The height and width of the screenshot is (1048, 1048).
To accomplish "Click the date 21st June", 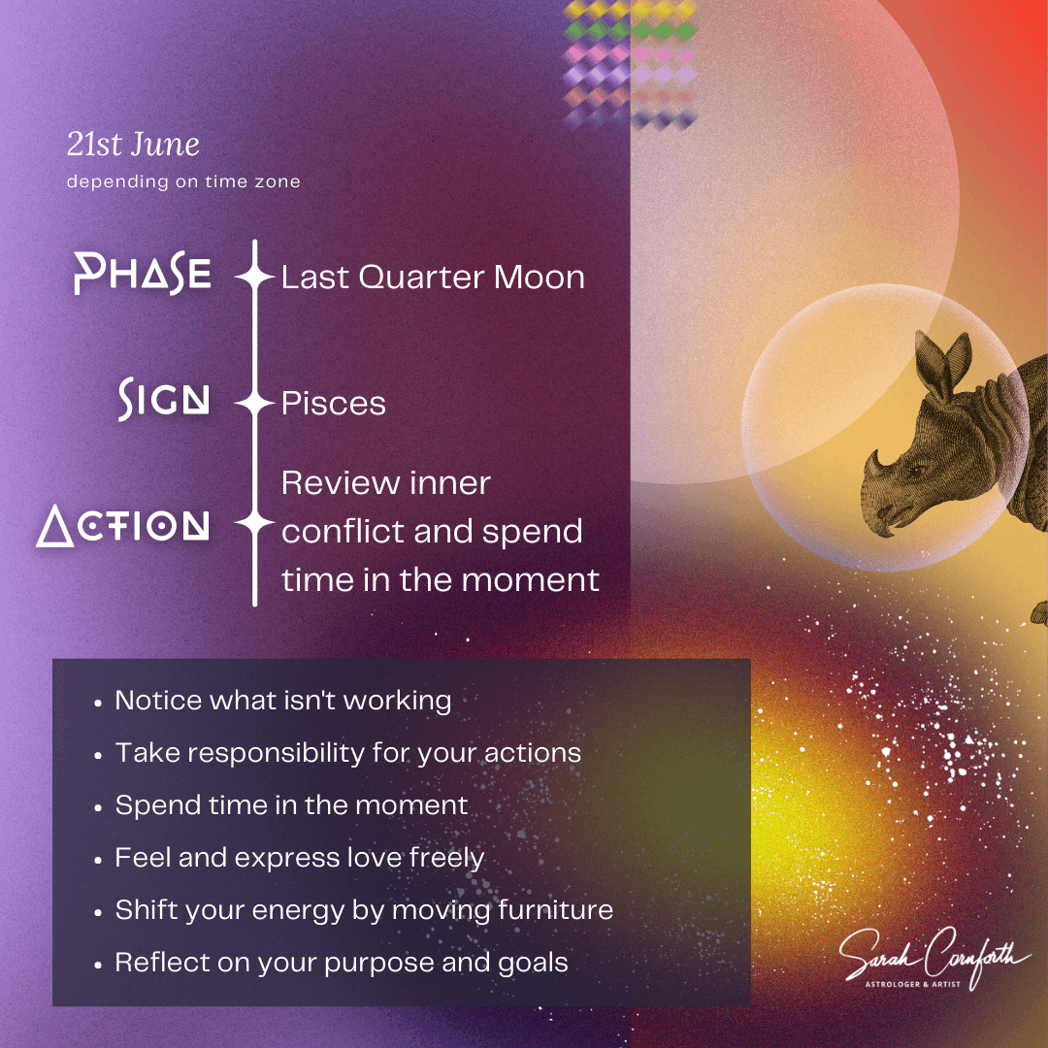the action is coord(133,145).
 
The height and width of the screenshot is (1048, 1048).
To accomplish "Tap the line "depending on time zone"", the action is coord(183,181).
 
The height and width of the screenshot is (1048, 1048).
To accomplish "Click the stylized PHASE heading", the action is coord(143,274).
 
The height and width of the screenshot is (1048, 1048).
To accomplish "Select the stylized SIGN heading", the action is coord(164,399).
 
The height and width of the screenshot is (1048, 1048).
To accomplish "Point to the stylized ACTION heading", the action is coord(123,525).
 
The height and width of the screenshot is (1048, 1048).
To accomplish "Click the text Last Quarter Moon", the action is coord(433,277).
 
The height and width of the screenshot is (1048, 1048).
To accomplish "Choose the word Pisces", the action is coord(334,403).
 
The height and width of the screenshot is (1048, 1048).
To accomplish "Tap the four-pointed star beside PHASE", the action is coord(254,276).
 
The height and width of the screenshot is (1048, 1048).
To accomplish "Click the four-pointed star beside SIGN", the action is coord(254,403).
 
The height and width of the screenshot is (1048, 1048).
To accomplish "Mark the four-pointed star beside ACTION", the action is coord(254,524).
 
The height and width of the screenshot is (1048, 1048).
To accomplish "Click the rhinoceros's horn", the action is coord(873,466).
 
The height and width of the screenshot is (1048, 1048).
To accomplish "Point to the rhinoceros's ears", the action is coord(942,361).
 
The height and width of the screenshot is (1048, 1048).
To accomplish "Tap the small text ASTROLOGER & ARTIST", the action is coord(912,984).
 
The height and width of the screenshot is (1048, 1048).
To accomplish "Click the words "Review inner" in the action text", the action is coord(385,482).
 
